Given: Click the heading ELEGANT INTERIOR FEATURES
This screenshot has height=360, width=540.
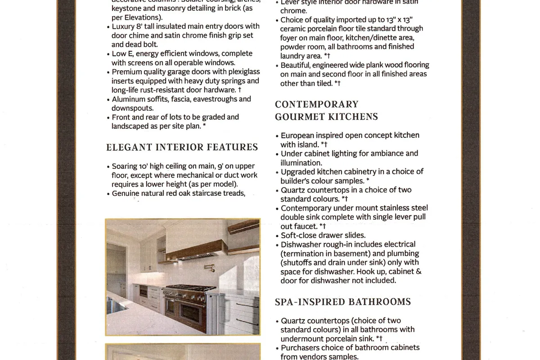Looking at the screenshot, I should tap(182, 147).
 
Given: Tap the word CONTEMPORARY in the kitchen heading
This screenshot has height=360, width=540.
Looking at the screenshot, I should tap(317, 104).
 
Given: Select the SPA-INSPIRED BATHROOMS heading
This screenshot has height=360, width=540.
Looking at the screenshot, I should tap(343, 301).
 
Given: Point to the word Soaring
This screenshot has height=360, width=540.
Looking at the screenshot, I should tap(125, 166).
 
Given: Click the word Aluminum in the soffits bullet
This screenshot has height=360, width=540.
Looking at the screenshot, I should tap(129, 99).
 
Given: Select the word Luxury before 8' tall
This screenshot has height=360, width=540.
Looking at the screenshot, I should tap(124, 27).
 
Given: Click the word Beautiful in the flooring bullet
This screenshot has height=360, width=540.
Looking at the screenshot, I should tap(299, 65).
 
